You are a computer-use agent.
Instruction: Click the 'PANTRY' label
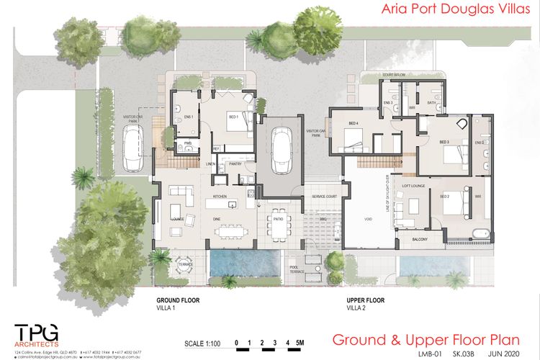[234, 164]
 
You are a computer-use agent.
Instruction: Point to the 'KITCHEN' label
[220, 196]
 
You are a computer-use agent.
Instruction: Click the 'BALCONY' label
[420, 239]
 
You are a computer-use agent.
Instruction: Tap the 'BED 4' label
[354, 123]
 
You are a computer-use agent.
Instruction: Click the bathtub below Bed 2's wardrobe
[480, 233]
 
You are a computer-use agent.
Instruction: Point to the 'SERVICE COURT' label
[324, 197]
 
